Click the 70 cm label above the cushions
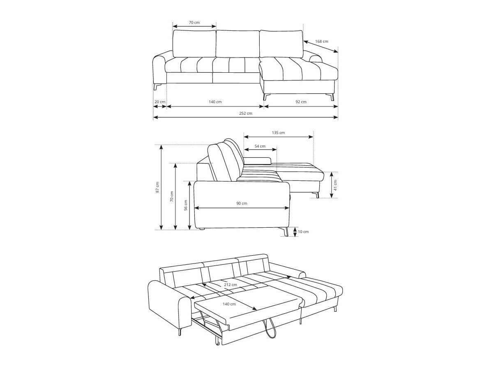194,23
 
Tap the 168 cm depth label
321,42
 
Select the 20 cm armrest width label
159,102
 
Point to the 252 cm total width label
246,113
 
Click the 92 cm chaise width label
300,102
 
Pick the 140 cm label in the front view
215,102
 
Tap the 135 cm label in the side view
278,133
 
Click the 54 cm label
260,146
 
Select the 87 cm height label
157,187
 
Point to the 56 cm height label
186,206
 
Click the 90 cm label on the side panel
242,203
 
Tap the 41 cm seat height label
335,185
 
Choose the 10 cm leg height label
303,232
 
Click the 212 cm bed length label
231,284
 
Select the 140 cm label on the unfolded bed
229,304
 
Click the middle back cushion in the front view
238,44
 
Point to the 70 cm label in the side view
172,196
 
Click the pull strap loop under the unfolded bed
272,329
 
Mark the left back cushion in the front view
194,44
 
